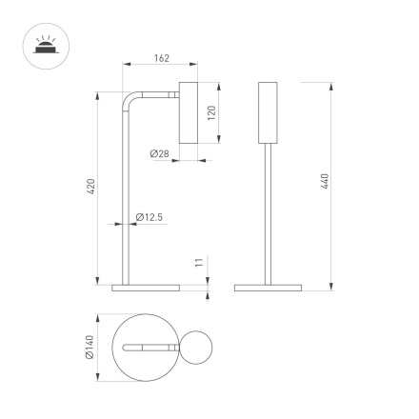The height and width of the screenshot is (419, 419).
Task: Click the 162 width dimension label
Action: (161, 59)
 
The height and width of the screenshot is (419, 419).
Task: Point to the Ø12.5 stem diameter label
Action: (150, 217)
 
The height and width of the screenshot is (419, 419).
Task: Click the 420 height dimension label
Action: (90, 188)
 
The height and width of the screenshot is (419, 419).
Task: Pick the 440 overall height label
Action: (325, 182)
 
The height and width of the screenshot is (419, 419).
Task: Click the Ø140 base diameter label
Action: (89, 349)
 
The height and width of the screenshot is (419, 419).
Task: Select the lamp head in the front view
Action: (268, 113)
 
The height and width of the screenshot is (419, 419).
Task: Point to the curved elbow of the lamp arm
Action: (128, 98)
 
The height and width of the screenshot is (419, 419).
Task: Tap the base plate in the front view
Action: (268, 286)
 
